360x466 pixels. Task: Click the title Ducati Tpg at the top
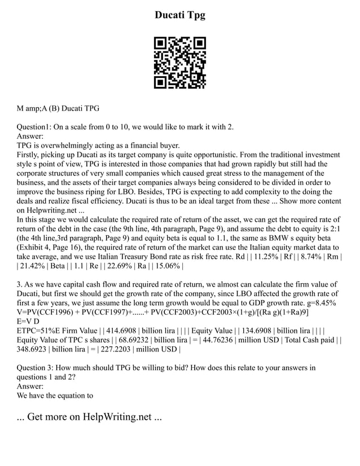point(180,15)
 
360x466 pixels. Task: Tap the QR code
point(180,63)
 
